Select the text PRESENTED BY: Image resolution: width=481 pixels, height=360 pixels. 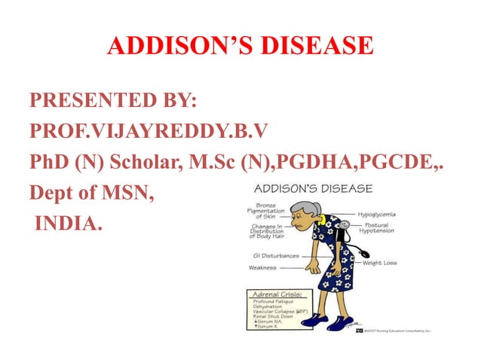click(112, 100)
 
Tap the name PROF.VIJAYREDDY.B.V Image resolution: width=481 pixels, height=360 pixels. click(149, 132)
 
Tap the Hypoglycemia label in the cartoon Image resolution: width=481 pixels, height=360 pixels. click(388, 214)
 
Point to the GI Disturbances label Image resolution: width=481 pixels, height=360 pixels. click(273, 255)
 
